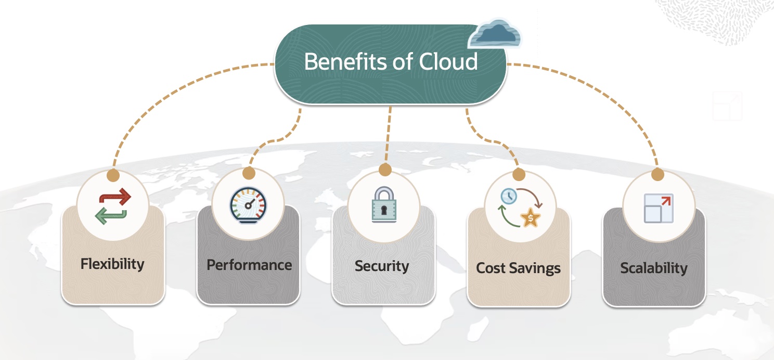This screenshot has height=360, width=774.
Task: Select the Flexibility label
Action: pos(112,264)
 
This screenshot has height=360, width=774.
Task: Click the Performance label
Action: pos(249,265)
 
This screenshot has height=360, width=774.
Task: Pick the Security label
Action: pos(382,266)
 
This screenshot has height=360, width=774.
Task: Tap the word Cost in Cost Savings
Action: pos(492,268)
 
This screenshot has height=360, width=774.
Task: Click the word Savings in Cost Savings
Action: pos(535,268)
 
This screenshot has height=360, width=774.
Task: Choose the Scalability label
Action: pos(654,268)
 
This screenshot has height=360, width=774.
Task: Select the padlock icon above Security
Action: pos(384,204)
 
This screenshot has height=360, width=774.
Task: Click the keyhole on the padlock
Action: pos(384,210)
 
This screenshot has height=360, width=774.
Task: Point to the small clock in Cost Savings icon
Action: pos(508,197)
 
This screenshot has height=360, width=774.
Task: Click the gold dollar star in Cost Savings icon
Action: pos(530,218)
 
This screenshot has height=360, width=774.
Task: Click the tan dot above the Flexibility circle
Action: pos(113,174)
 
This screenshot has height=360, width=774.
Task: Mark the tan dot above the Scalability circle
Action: pos(658,174)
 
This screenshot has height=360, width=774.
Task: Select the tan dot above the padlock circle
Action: pos(385,170)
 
